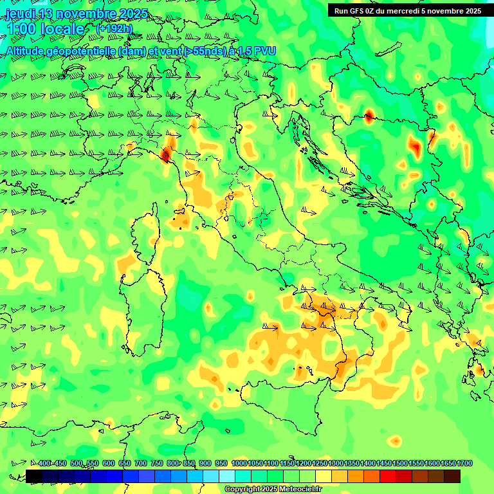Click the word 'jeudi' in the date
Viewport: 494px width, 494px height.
(x=19, y=14)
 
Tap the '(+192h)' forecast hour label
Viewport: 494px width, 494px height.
(x=114, y=28)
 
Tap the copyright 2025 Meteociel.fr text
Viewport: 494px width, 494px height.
(x=273, y=489)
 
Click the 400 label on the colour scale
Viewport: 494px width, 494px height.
(x=44, y=464)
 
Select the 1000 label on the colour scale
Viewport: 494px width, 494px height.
(x=239, y=464)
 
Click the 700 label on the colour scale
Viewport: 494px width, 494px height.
(x=141, y=464)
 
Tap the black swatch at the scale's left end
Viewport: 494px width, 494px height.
(x=34, y=476)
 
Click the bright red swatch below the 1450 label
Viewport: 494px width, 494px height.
(x=388, y=476)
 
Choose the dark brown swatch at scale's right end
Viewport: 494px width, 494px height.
(x=452, y=476)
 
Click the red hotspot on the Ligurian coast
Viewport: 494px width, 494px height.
(x=165, y=154)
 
